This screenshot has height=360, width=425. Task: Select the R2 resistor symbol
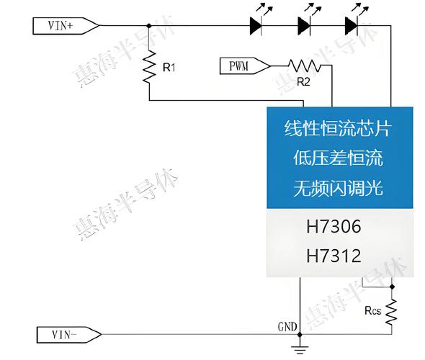point(310,66)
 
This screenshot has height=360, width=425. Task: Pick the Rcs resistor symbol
point(392,312)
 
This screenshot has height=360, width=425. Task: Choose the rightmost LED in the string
point(352,26)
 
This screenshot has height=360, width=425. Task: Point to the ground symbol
point(298,350)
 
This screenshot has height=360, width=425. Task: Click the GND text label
point(287,326)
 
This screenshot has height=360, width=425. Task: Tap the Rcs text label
point(372,312)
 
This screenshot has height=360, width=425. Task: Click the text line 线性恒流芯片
point(337,130)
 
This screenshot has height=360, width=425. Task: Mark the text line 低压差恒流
point(337,158)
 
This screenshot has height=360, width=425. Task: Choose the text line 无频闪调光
point(337,188)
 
